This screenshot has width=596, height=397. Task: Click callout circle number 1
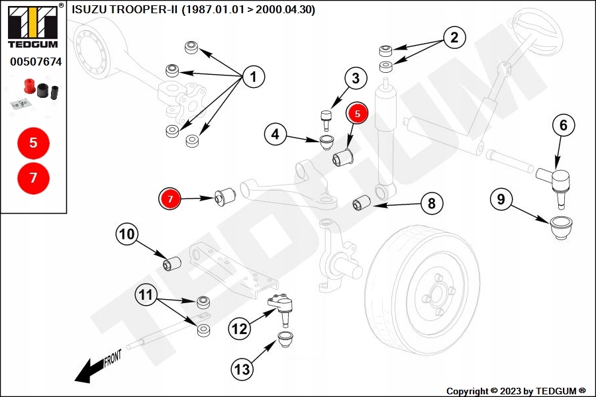point(253,77)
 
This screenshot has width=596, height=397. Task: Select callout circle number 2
point(454,38)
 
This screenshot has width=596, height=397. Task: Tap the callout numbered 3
point(356,79)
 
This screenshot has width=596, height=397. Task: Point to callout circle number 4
point(276,135)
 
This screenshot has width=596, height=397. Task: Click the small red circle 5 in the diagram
point(357,114)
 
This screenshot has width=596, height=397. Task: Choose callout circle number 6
point(563,125)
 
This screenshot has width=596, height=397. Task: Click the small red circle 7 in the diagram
point(170,198)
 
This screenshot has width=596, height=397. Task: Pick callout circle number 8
point(431,203)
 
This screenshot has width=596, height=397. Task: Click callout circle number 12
point(241,327)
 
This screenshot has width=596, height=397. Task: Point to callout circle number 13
point(242,368)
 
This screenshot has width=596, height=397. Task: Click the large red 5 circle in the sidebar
point(34,142)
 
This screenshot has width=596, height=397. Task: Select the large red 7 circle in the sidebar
point(34,177)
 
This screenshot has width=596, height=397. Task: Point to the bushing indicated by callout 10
point(172,263)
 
